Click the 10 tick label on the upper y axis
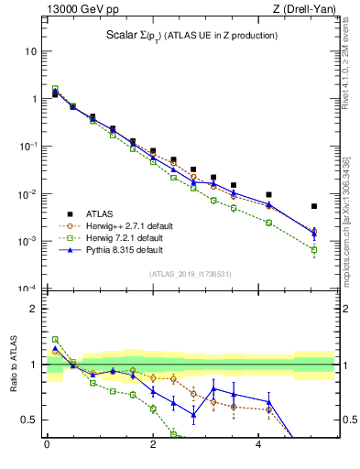pos(30,51)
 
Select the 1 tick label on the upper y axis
pos(33,99)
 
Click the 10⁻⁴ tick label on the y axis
pos(27,289)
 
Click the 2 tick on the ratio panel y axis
pos(33,309)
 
